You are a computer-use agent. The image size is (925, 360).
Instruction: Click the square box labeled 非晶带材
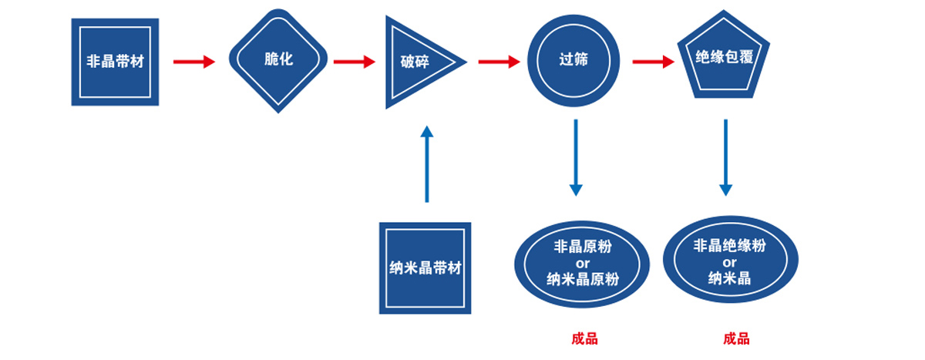[115, 62]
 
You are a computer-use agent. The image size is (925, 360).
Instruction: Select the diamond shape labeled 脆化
[278, 60]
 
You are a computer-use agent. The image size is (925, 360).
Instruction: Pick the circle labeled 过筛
[573, 60]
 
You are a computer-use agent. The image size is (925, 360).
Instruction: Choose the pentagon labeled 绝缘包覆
[725, 58]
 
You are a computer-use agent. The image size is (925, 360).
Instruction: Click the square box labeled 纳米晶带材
[425, 268]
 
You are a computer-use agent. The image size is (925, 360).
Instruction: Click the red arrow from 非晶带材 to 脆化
[193, 62]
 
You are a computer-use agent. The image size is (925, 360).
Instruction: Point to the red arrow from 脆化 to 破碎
[354, 62]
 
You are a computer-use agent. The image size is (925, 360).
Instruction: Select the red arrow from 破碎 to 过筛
[499, 62]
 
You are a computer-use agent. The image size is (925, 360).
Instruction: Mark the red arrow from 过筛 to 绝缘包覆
[653, 62]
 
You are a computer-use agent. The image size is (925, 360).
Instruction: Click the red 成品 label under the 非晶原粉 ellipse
[584, 338]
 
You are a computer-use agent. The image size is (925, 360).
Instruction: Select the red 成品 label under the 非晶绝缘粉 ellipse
[736, 338]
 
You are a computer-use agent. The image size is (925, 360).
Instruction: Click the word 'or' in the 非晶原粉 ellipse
[583, 264]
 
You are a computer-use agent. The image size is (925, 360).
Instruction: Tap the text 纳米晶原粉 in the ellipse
[583, 279]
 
